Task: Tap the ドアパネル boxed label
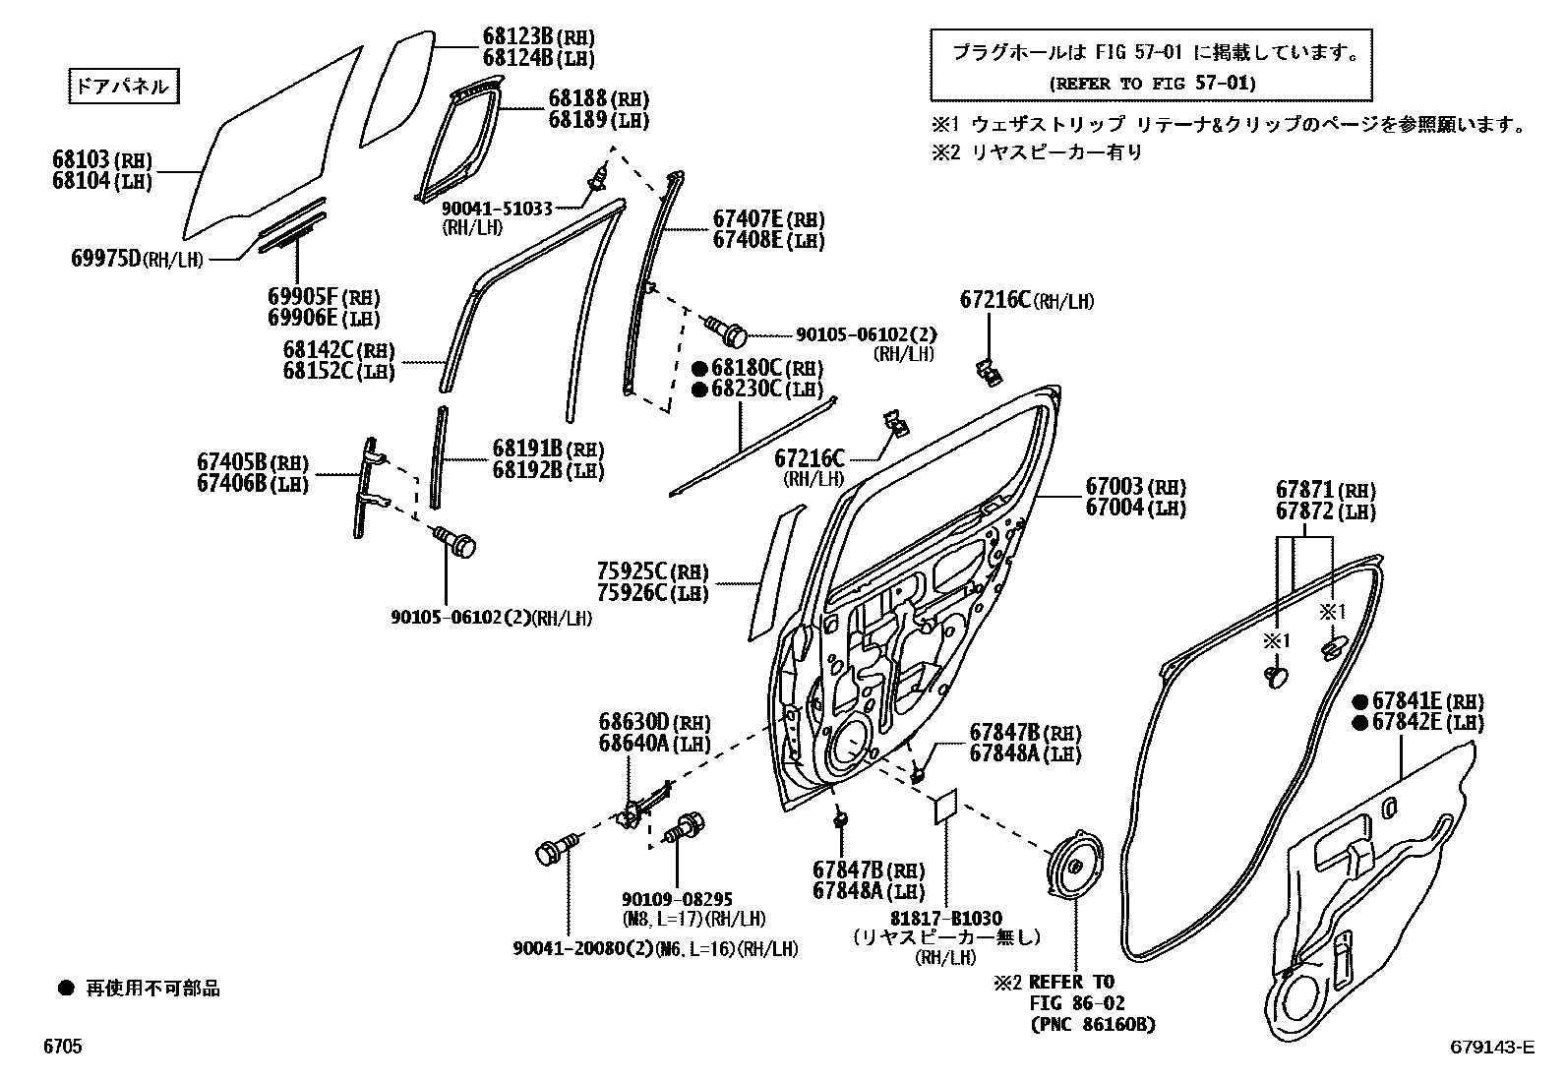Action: [123, 87]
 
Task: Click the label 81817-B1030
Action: [946, 919]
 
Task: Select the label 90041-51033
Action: [497, 209]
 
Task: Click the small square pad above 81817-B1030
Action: [945, 805]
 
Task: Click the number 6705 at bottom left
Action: [62, 1048]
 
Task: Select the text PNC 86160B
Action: [1093, 1025]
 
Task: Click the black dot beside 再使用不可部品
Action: [65, 988]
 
